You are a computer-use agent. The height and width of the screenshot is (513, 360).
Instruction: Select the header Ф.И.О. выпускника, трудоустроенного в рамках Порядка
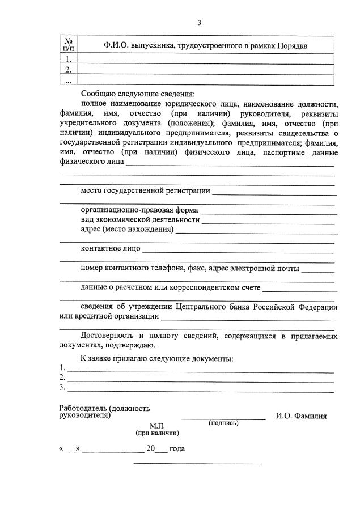click(x=206, y=46)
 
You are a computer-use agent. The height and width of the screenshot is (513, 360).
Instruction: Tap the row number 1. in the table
click(x=68, y=59)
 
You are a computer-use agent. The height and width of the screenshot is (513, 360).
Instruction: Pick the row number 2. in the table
click(x=68, y=70)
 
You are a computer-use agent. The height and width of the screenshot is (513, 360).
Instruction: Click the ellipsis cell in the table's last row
click(x=68, y=80)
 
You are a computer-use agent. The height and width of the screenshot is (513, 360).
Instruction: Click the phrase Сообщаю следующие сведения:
click(x=137, y=94)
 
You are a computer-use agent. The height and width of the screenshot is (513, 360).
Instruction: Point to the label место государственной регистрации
click(x=146, y=190)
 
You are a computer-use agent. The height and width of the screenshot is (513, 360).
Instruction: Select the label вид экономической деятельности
click(x=140, y=219)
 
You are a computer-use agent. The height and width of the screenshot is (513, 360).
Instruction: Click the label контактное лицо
click(x=110, y=248)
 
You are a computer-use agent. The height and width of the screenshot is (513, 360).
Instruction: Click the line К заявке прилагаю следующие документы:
click(x=156, y=358)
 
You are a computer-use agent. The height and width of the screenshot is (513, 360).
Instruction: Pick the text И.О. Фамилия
click(x=301, y=416)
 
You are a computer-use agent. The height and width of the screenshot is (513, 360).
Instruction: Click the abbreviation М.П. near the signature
click(x=157, y=425)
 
